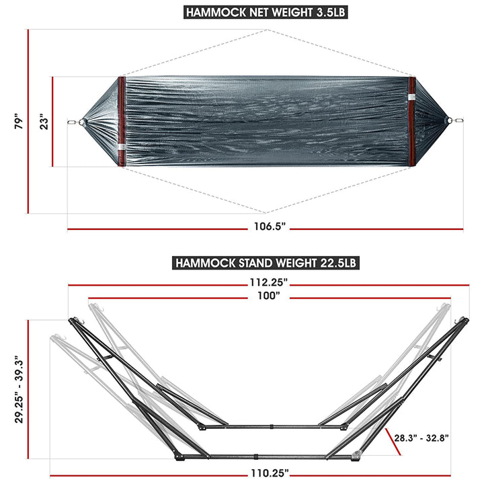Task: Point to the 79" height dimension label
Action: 19,122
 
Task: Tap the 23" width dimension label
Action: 44,122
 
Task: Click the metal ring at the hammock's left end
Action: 72,122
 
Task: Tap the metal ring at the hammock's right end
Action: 460,122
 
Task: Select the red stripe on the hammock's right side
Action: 411,122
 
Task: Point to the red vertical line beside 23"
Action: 53,122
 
